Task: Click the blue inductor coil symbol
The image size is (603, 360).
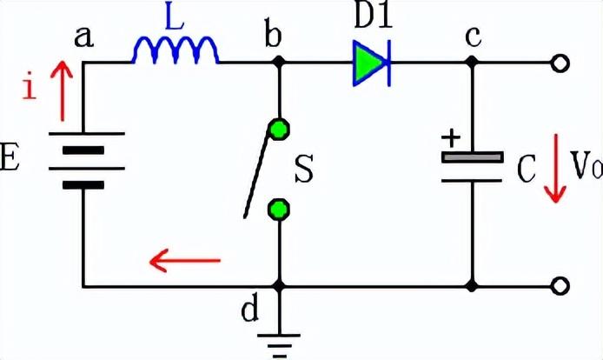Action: click(175, 53)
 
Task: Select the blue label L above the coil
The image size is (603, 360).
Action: click(176, 19)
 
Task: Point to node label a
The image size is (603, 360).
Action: click(84, 37)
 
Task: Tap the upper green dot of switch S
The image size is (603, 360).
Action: click(279, 129)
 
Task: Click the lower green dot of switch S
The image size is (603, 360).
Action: click(279, 209)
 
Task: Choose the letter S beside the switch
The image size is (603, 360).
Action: click(304, 170)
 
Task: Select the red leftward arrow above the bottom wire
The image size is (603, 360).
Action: click(184, 258)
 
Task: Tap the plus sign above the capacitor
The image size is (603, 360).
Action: click(450, 137)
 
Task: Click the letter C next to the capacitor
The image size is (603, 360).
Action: click(526, 170)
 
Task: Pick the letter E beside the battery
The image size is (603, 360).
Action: click(10, 161)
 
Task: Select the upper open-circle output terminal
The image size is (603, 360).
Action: click(562, 63)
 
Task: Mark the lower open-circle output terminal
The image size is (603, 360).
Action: click(562, 285)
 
